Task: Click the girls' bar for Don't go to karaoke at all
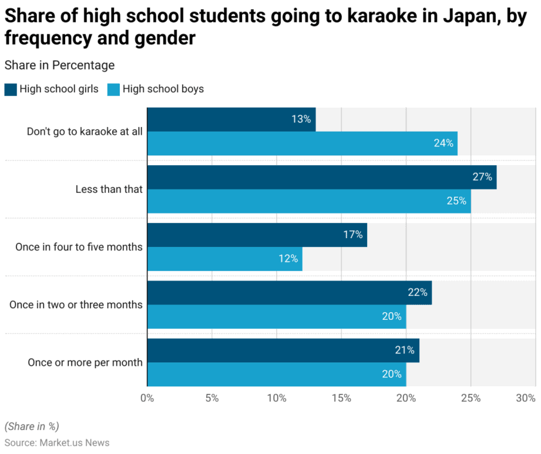(x=231, y=119)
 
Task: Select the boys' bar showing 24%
(x=302, y=143)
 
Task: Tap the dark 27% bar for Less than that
(x=321, y=177)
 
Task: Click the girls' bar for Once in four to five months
(x=257, y=235)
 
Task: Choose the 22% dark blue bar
(x=289, y=292)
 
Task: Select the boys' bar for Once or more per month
(x=276, y=374)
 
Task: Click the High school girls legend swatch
(x=10, y=89)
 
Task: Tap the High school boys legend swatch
(x=113, y=89)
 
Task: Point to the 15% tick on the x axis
(x=341, y=398)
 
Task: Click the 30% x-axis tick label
(x=526, y=398)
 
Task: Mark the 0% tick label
(x=147, y=398)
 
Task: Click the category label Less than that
(x=109, y=189)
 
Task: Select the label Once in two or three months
(x=76, y=304)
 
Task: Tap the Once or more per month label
(x=85, y=362)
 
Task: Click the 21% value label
(x=404, y=350)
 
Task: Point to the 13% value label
(x=301, y=119)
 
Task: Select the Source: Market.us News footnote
(x=57, y=442)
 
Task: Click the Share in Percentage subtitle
(x=59, y=65)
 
